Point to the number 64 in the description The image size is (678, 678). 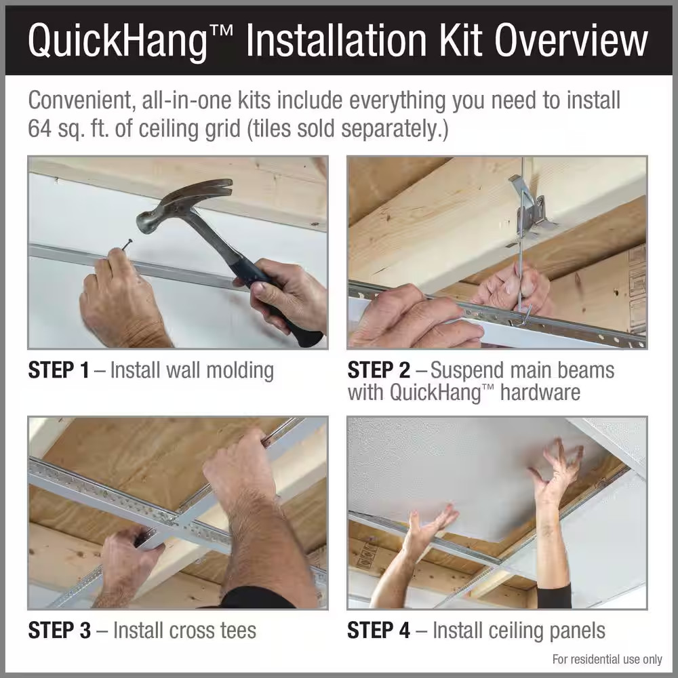tap(41, 128)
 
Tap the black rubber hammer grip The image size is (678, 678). tap(285, 305)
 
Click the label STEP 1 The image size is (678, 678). tap(58, 370)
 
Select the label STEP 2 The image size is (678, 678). tap(378, 370)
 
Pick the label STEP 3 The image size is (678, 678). tap(59, 630)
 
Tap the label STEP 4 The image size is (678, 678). tap(378, 630)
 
